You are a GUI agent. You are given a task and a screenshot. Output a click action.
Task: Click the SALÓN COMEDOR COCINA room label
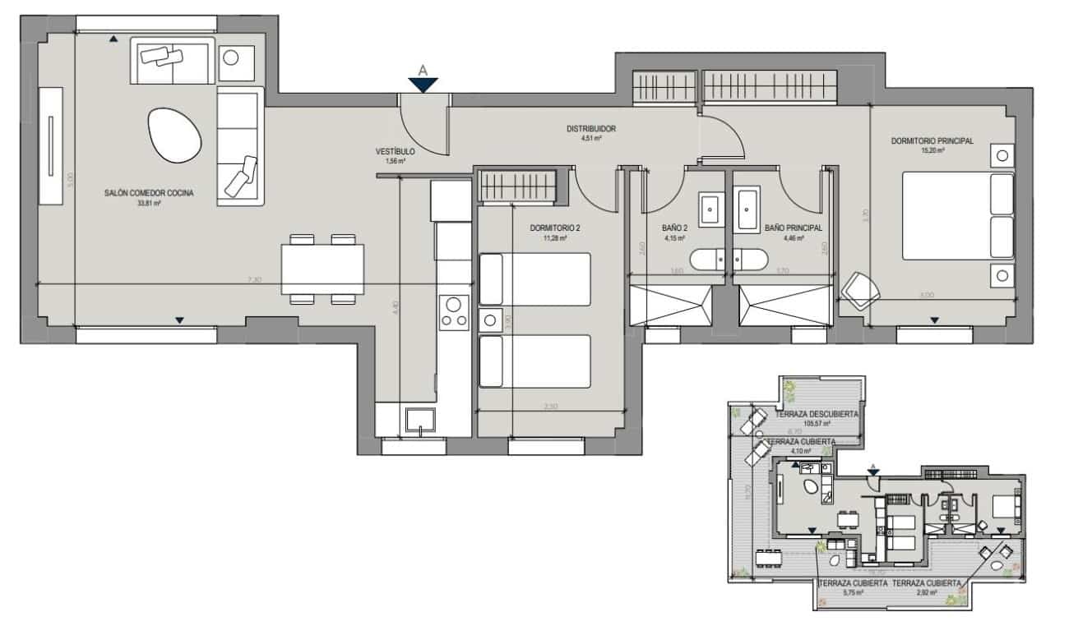click(x=149, y=193)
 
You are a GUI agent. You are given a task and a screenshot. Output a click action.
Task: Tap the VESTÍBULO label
click(x=395, y=152)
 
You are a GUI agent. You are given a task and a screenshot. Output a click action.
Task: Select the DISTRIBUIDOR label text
click(x=590, y=129)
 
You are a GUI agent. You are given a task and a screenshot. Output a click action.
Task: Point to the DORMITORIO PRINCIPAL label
click(x=932, y=140)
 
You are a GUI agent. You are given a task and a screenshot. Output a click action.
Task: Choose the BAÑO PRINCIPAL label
click(x=793, y=229)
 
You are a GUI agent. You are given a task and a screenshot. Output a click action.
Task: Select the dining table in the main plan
click(x=322, y=268)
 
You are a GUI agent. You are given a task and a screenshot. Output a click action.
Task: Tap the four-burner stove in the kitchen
click(x=453, y=312)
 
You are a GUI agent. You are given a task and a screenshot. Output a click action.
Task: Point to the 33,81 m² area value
click(x=149, y=204)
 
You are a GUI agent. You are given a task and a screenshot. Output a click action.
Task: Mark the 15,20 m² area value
click(x=932, y=151)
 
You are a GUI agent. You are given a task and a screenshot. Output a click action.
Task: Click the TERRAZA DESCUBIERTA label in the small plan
click(x=812, y=413)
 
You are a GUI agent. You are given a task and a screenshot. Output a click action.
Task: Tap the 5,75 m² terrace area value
click(x=852, y=591)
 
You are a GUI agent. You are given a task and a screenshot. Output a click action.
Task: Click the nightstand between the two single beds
click(x=489, y=320)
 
